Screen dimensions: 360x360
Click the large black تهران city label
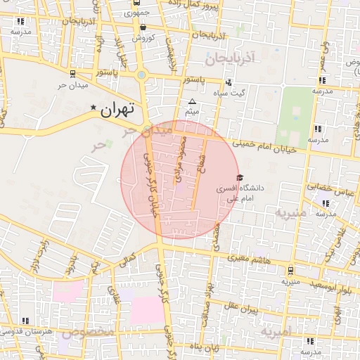117,109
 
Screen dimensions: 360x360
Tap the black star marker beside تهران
94,108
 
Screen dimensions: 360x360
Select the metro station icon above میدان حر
72,73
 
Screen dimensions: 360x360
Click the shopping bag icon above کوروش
143,27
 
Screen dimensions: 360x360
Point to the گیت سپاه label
231,93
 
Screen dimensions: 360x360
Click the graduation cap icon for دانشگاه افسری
240,178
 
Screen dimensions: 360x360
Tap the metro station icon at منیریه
290,269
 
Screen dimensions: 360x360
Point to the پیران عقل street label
242,307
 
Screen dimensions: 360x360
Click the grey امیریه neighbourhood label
276,330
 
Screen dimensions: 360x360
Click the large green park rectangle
295,117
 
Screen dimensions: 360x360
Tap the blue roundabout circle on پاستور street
142,75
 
